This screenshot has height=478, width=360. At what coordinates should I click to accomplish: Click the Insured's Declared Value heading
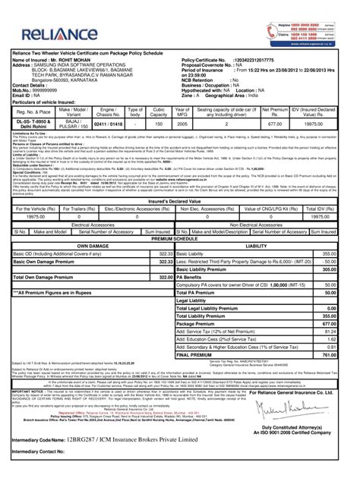(x=179, y=201)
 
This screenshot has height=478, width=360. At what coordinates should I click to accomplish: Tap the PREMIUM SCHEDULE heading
(x=179, y=238)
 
